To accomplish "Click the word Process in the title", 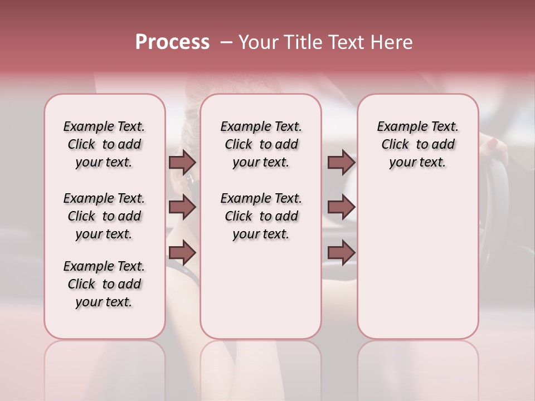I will coord(172,42).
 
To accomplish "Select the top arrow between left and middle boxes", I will coord(182,162).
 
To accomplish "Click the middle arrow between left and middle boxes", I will coord(182,207).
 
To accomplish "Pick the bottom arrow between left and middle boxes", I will coord(182,252).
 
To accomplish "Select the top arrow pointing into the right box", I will coord(341,162).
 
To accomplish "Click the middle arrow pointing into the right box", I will coord(341,207).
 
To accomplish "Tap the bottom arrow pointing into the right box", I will coord(341,252).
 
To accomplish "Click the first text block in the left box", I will coord(104,144).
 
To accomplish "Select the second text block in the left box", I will coord(104,216).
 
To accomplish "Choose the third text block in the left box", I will coord(104,284).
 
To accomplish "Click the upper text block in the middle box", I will coord(261,144).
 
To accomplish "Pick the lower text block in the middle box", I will coord(261,216).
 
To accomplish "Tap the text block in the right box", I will coord(417,144).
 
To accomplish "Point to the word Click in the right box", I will coord(395,145).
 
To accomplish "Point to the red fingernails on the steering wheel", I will coord(493,144).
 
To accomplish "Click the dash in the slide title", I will coord(226,42).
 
